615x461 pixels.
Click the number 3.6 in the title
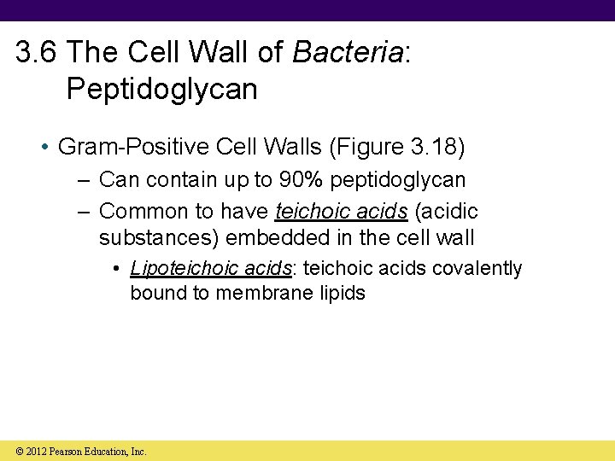click(x=37, y=54)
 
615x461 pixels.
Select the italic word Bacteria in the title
click(x=347, y=54)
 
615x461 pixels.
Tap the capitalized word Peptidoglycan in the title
click(x=161, y=89)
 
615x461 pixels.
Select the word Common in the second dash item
click(x=142, y=212)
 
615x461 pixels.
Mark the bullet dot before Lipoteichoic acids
click(x=116, y=269)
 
